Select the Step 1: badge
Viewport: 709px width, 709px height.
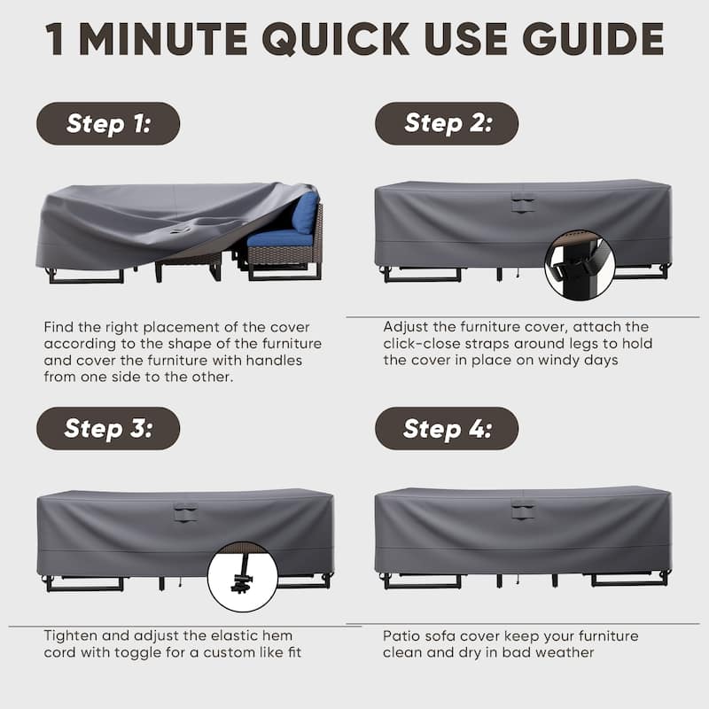[x=108, y=124]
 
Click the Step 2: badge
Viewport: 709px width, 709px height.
[x=447, y=124]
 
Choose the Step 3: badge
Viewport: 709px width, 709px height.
[x=108, y=429]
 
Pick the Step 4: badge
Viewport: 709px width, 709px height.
[x=447, y=429]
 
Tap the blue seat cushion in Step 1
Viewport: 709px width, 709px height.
[x=277, y=238]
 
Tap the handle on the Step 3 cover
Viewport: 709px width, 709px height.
[x=185, y=511]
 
